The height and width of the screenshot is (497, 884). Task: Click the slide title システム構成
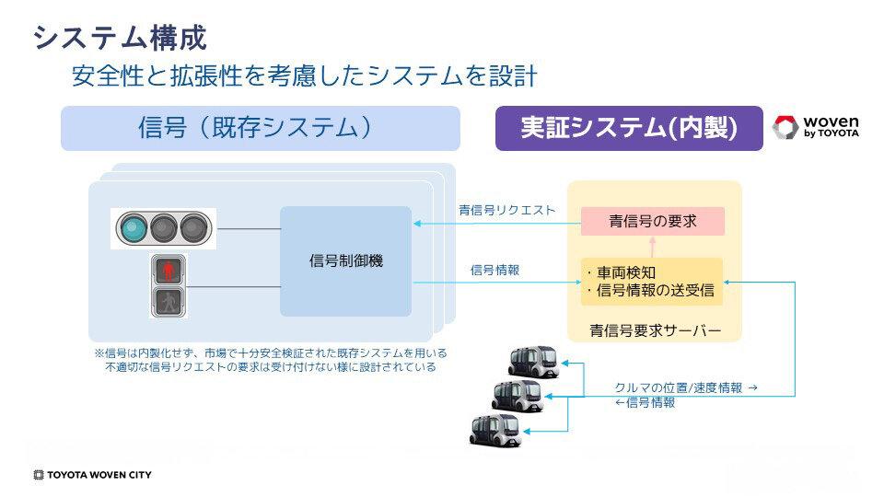click(120, 37)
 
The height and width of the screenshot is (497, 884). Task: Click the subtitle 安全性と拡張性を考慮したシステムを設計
click(304, 76)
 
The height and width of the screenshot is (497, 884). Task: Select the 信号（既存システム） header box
click(260, 128)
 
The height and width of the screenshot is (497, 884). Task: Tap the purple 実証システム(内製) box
click(629, 129)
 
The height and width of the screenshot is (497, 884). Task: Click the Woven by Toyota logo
click(816, 128)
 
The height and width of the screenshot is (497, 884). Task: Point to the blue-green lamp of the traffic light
click(134, 227)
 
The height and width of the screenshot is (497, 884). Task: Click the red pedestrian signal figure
click(168, 271)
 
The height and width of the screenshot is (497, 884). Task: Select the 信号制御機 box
click(345, 261)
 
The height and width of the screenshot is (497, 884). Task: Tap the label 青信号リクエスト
click(506, 210)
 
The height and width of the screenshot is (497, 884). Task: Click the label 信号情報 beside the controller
click(494, 270)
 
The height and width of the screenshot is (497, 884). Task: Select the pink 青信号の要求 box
click(653, 221)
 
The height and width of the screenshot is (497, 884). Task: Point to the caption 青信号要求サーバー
click(655, 329)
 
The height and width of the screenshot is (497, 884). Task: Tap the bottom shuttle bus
click(494, 429)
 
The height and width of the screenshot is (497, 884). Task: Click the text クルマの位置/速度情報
click(678, 387)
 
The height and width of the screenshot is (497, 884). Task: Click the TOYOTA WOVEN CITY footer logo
click(92, 475)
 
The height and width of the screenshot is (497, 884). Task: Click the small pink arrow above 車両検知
click(653, 246)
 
